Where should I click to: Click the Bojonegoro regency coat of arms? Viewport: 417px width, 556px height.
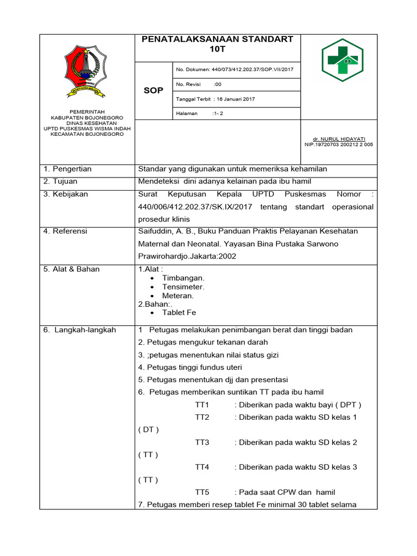point(86,71)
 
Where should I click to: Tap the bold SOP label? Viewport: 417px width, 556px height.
point(153,90)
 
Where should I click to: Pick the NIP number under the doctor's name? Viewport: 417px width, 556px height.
point(339,145)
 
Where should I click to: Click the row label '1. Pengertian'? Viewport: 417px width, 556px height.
point(68,169)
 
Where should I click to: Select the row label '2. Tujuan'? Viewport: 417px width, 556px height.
point(61,181)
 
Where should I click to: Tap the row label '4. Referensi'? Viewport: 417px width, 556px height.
point(66,231)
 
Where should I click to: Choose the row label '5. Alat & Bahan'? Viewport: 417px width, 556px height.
point(72,269)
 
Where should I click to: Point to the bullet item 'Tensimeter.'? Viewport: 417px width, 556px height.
point(183,287)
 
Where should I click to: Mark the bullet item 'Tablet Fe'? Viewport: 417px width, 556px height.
point(179,313)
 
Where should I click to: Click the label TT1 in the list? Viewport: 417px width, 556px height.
point(202,405)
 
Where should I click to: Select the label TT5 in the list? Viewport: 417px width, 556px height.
point(202,492)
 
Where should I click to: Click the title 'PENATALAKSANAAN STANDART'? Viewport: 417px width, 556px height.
point(217,39)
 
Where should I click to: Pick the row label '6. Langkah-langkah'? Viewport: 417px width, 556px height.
point(80,330)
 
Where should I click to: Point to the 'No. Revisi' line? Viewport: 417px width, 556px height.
point(198,84)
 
